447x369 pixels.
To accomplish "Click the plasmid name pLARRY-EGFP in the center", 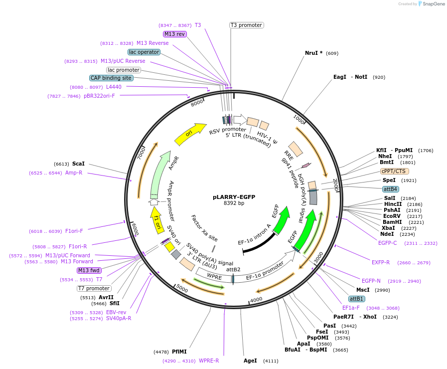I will pos(234,197).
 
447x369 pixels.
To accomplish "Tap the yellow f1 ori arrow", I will pos(156,220).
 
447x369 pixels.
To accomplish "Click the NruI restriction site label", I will pos(313,53).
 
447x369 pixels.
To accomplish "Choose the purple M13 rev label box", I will pos(175,34).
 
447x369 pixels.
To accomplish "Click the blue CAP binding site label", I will pos(111,78).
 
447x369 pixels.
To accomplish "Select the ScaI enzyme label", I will pos(78,164).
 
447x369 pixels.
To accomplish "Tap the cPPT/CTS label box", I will pos(393,171).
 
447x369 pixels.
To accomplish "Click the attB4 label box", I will pos(390,189).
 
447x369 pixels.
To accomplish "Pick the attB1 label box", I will pos(356,299).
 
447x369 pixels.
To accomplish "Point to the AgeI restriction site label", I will pos(250,361).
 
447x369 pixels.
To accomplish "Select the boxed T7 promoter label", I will pos(94,288).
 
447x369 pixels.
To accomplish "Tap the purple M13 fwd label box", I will pos(89,270).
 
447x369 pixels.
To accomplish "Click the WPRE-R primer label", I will pos(209,361).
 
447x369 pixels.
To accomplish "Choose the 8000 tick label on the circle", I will pos(197,103).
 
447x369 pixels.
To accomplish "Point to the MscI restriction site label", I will pos(363,290).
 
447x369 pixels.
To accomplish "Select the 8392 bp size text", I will pos(234,203).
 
